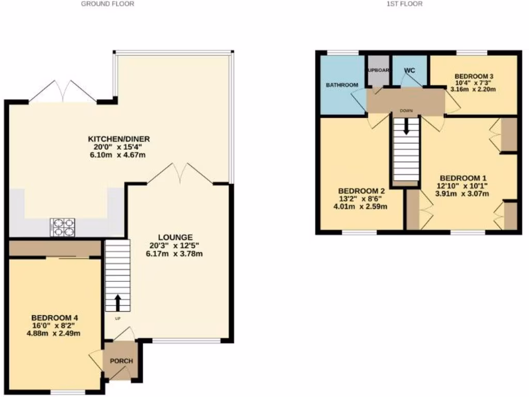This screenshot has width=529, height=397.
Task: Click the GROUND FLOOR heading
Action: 107,4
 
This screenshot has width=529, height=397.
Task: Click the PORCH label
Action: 121,361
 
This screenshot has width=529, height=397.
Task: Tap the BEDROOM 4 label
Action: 55,317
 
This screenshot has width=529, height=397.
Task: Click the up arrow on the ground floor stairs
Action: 118,301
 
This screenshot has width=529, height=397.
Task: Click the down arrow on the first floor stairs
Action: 407,126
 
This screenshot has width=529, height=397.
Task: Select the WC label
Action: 410,70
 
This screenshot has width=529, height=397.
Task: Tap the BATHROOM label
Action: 341,85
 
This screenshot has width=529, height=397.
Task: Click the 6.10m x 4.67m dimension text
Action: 115,155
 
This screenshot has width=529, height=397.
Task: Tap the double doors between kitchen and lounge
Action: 180,174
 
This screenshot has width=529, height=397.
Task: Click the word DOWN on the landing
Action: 406,111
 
